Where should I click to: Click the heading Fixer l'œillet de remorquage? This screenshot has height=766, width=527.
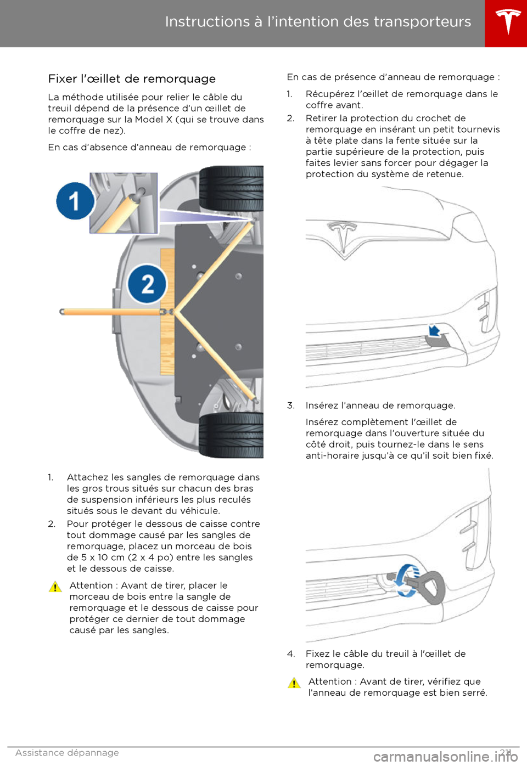(x=132, y=79)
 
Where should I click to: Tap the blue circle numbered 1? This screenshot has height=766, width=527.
(x=75, y=201)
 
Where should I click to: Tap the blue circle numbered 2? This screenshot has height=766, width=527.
(x=147, y=284)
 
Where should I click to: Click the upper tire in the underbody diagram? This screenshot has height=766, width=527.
(x=231, y=188)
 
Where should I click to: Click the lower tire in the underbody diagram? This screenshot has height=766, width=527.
(x=231, y=435)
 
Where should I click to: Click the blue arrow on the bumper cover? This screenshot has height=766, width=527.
(x=434, y=330)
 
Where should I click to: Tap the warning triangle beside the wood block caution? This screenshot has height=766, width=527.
(x=55, y=587)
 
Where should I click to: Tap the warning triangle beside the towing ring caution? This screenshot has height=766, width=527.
(x=294, y=683)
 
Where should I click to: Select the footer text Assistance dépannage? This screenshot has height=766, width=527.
(x=67, y=753)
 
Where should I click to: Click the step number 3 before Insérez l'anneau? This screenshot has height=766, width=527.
(x=290, y=406)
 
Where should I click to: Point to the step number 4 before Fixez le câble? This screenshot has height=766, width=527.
(x=291, y=654)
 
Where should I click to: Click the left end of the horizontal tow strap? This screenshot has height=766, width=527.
(x=63, y=312)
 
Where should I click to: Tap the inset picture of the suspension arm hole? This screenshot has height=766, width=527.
(x=124, y=203)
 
